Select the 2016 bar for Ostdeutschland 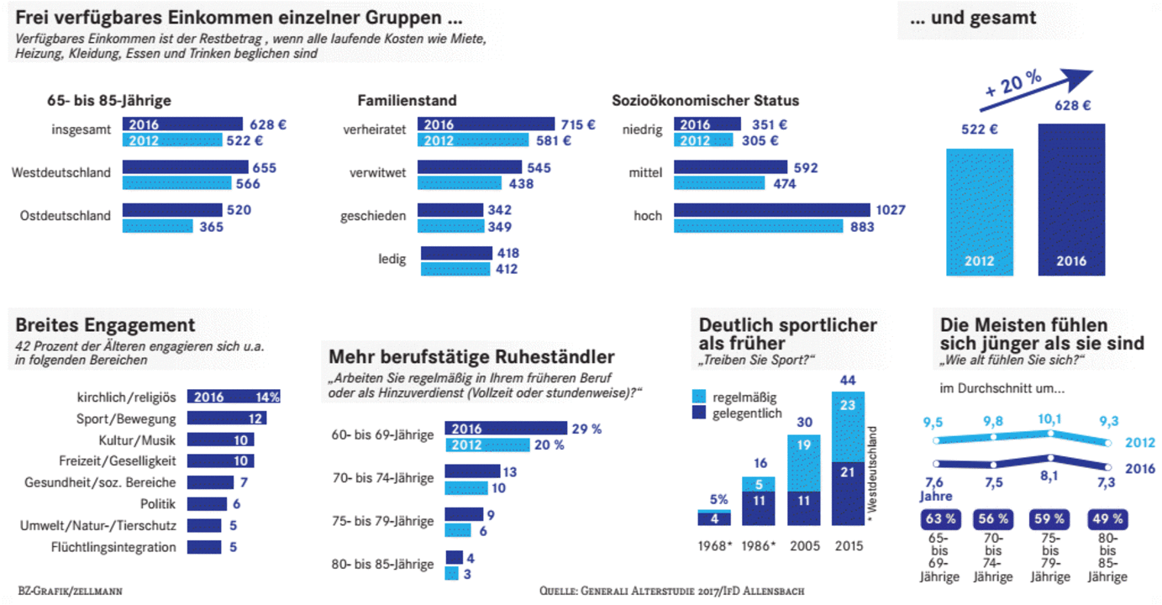(172, 210)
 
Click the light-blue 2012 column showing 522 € (980, 210)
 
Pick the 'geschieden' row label (373, 216)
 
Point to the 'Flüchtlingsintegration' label (125, 548)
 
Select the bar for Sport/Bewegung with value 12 (226, 418)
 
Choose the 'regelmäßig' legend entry (744, 397)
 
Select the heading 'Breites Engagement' (105, 325)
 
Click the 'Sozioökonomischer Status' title (705, 101)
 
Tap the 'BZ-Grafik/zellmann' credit (70, 592)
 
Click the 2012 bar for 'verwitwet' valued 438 (460, 183)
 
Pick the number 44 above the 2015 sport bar (848, 381)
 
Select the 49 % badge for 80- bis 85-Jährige (1107, 519)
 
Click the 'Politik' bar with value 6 (207, 504)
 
